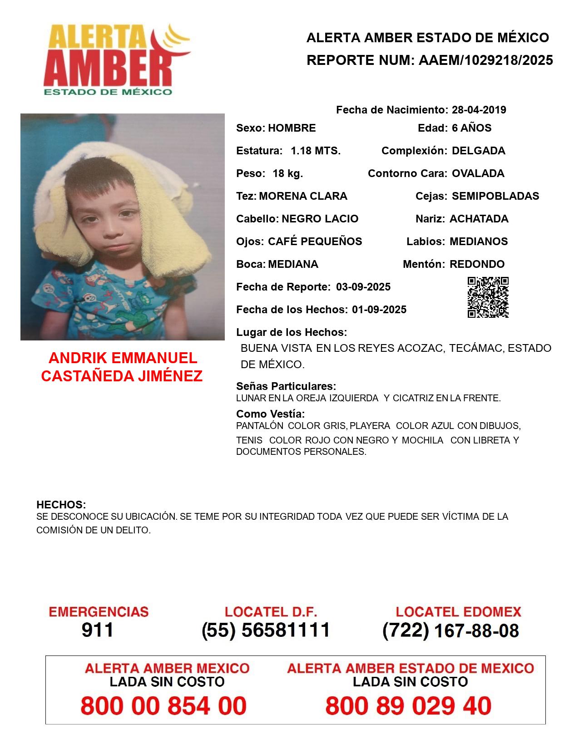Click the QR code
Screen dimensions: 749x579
click(x=488, y=297)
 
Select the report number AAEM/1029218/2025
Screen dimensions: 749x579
click(x=485, y=60)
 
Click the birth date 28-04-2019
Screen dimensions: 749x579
click(x=479, y=110)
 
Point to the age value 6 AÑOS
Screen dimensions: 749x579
click(x=471, y=128)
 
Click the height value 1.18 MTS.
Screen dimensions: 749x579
click(x=316, y=151)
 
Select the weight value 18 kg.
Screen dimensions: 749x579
click(x=287, y=173)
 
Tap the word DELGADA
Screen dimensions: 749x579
click(x=478, y=151)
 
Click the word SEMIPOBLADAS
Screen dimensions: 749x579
click(x=495, y=196)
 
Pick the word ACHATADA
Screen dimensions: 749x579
click(x=479, y=219)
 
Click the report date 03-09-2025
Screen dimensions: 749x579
click(x=363, y=287)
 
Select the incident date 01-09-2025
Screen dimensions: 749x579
click(x=379, y=310)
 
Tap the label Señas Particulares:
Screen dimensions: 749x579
click(x=286, y=386)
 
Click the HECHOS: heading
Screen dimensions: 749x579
click(x=61, y=505)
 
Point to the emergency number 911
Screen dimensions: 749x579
click(x=98, y=630)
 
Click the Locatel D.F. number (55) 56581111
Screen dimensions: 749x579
click(x=266, y=630)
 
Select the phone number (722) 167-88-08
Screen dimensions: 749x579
click(x=450, y=631)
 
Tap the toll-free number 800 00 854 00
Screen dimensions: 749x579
click(x=163, y=706)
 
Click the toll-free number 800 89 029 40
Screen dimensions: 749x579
click(x=408, y=706)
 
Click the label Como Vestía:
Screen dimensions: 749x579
click(x=270, y=414)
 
